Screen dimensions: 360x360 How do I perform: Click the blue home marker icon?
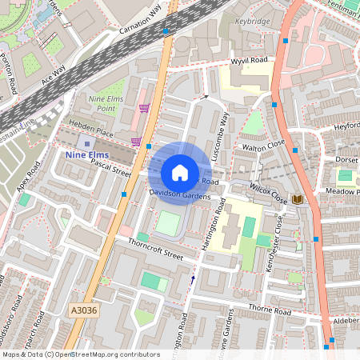tap(180, 173)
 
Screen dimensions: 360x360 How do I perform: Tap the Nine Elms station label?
tap(86, 154)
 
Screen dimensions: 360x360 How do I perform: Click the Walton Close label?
tap(264, 147)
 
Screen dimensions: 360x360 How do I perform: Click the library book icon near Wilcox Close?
tap(298, 198)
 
